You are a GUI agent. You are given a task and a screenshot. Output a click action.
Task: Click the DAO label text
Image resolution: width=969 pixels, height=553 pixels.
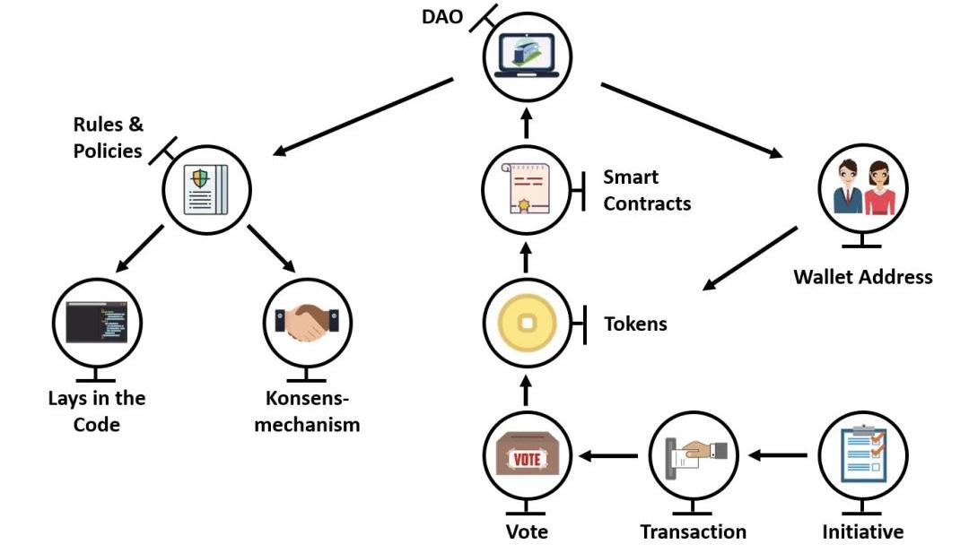pos(444,17)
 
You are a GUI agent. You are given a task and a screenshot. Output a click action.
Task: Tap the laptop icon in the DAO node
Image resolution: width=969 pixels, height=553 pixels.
pos(527,56)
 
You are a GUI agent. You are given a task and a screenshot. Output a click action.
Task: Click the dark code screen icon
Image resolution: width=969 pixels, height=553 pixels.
pos(97,322)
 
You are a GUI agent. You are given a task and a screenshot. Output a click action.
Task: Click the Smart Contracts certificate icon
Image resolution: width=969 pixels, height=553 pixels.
pos(527,190)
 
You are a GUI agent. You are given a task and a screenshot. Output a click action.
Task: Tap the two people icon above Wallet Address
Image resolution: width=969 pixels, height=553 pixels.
pos(861,188)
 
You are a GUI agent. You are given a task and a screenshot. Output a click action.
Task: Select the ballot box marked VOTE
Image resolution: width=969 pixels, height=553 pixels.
pos(526,456)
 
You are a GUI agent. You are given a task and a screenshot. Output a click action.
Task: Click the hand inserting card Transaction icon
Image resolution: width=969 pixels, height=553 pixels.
pos(693,456)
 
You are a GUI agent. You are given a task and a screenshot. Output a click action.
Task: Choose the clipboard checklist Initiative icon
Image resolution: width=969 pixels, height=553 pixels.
pos(862,456)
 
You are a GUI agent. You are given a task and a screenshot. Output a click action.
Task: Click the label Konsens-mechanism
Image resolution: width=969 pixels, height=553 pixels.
pos(307,411)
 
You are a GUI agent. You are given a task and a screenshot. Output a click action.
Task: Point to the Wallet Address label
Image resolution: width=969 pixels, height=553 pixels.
pos(862,276)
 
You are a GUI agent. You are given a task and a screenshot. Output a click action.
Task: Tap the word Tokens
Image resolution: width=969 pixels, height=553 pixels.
pos(635,324)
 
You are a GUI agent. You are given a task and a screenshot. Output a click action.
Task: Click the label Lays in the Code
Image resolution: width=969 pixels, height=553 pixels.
pos(97,411)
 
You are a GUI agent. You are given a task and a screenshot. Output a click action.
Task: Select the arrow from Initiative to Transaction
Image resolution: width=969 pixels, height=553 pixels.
pos(778,456)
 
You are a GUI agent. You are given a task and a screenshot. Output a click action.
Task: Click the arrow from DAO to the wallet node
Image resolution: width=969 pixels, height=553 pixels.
pos(691,121)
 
